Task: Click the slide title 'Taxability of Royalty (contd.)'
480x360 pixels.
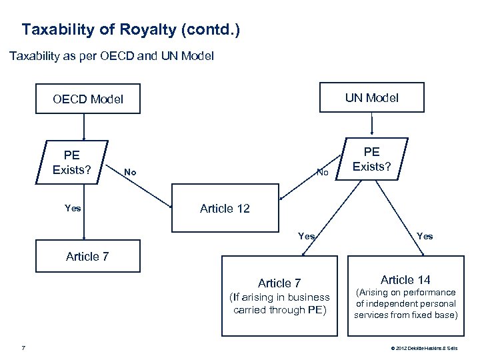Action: tap(131, 30)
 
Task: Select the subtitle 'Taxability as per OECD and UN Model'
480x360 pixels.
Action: tap(111, 57)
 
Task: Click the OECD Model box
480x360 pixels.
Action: tap(88, 99)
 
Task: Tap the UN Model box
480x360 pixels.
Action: tap(372, 98)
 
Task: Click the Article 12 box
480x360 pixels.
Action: tap(225, 209)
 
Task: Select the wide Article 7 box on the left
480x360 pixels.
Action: tap(88, 256)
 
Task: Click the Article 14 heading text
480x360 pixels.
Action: tap(406, 279)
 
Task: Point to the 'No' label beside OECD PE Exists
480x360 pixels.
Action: tap(130, 173)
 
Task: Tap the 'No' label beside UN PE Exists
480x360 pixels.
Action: tap(323, 173)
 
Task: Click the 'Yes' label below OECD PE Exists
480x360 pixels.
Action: tap(73, 209)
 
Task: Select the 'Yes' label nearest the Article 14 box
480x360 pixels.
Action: tap(424, 236)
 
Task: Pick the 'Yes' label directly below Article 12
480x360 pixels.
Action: tap(307, 236)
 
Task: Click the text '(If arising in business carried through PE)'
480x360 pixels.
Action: tap(279, 303)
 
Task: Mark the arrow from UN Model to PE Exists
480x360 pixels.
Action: tap(372, 125)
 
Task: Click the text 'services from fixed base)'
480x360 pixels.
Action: tap(406, 315)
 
